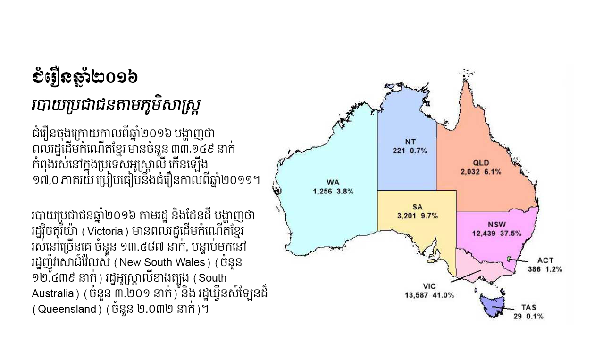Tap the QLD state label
coord(481,163)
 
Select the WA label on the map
coord(333,182)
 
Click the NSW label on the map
coord(496,224)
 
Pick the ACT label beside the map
coord(545,260)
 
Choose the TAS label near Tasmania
coord(529,307)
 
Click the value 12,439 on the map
coord(486,233)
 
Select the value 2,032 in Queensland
coord(471,172)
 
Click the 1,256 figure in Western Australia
coord(323,192)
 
